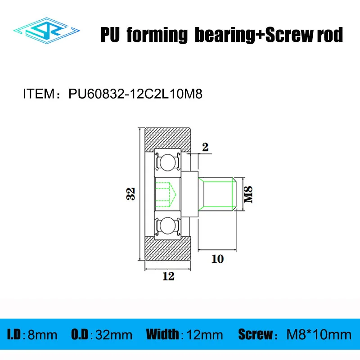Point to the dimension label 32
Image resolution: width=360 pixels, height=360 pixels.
[131, 194]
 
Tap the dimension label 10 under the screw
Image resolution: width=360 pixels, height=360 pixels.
[217, 259]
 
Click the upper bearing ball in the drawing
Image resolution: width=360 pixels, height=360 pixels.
[167, 162]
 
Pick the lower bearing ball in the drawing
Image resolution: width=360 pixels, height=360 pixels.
[167, 225]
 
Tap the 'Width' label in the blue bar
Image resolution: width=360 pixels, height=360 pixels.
[162, 334]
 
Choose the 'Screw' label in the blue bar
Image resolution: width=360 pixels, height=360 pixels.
[254, 334]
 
